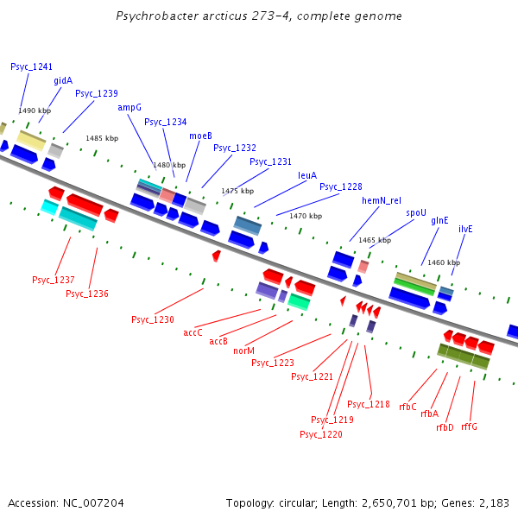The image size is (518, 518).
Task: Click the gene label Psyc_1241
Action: [32, 66]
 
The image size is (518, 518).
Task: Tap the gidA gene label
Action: [63, 80]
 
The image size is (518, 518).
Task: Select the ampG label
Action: [129, 108]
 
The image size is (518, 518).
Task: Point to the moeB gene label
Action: [200, 136]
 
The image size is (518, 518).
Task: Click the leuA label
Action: [307, 174]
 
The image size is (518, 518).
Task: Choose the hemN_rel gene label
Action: [381, 200]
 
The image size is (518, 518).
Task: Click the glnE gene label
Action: [440, 220]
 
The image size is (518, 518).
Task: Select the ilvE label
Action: [465, 229]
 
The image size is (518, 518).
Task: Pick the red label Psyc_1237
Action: [54, 280]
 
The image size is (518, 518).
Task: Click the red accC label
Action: [193, 332]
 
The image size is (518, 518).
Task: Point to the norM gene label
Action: [244, 351]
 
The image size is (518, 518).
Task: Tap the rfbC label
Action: [408, 407]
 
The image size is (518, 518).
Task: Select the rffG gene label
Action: [469, 426]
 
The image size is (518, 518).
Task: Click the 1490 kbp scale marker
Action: [35, 111]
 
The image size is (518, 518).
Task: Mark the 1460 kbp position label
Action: [444, 262]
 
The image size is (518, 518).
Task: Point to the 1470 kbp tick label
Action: [306, 216]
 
